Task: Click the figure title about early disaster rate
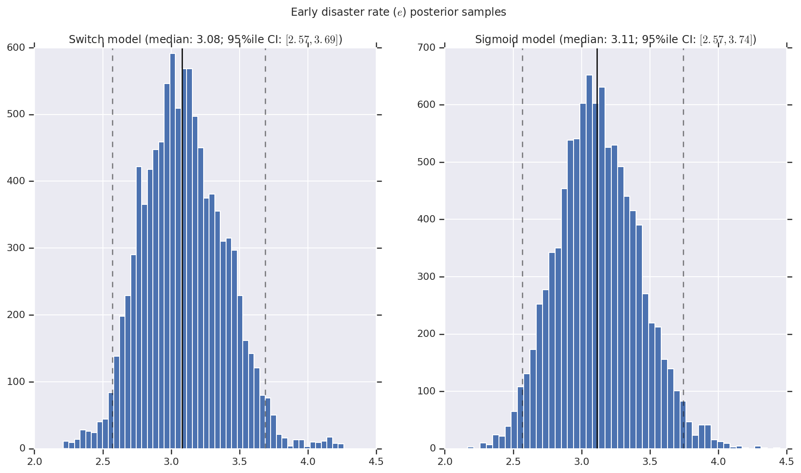(398, 12)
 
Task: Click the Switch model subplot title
(205, 40)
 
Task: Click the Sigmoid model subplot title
(615, 40)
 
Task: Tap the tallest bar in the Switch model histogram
(173, 252)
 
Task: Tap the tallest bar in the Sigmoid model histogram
(589, 261)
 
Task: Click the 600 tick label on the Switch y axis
(16, 47)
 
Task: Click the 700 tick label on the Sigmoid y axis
(426, 47)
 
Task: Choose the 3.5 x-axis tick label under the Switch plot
(240, 462)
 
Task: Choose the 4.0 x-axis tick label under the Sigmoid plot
(718, 462)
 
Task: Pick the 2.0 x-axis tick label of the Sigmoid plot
(445, 462)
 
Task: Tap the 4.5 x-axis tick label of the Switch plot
(376, 462)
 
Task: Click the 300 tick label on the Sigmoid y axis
(426, 277)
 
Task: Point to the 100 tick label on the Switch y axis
(16, 382)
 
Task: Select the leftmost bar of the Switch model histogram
(66, 445)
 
